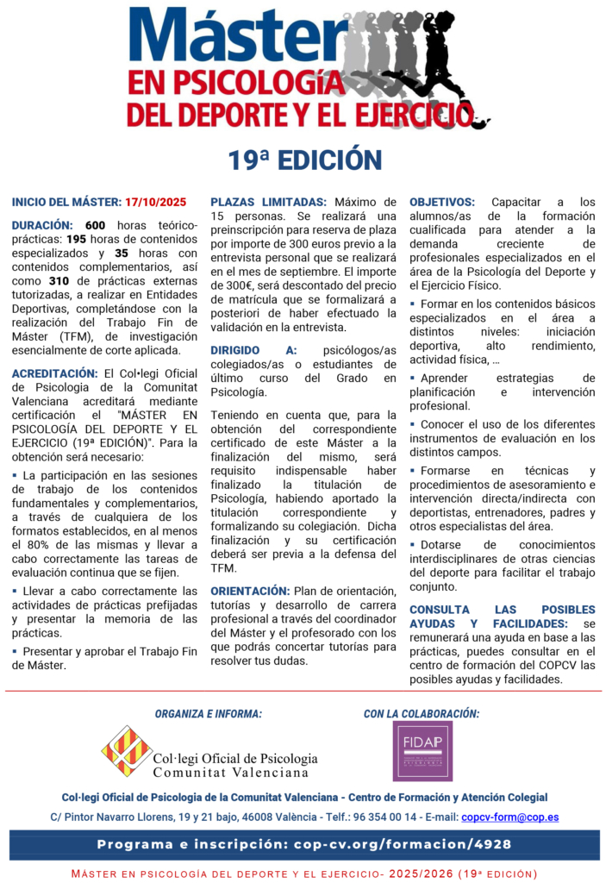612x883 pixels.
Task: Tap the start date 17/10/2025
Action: coord(155,203)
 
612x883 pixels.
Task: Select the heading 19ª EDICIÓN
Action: coord(305,160)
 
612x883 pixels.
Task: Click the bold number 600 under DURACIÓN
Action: coord(96,225)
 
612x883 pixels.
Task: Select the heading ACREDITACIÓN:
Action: coord(54,373)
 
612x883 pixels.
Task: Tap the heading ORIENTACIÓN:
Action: coord(250,591)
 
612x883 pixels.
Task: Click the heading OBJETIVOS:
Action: coord(442,203)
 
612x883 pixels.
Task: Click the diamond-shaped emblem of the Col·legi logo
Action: coord(126,751)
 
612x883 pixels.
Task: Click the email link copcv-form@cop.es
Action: coord(509,817)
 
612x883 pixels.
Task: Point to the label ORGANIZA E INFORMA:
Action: coord(209,714)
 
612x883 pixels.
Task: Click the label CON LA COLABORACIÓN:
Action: coord(422,714)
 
